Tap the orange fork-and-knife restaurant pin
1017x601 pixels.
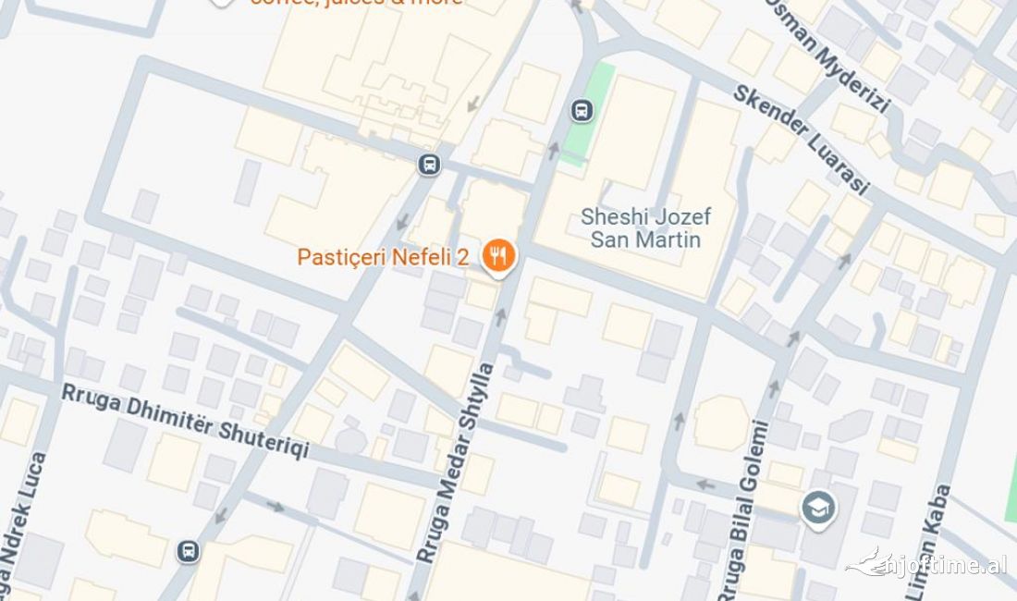[499, 255]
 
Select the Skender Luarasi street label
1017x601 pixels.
[802, 140]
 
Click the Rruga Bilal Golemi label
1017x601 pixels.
[750, 509]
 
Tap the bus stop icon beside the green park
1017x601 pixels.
[582, 111]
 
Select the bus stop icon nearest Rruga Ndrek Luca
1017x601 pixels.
[188, 551]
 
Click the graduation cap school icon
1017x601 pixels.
[818, 508]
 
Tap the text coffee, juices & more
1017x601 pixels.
[356, 3]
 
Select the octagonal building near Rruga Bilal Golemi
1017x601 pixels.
[721, 423]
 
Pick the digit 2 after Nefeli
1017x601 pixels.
[462, 257]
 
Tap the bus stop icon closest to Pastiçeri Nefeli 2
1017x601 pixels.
[429, 166]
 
